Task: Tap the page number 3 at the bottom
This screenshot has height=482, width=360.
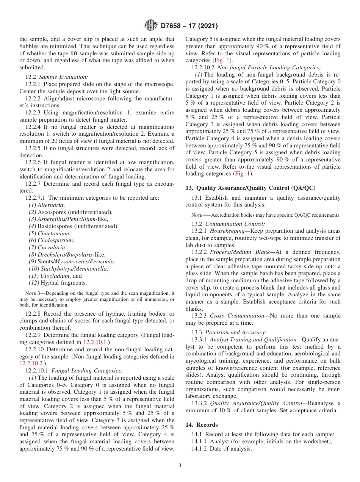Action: click(180, 465)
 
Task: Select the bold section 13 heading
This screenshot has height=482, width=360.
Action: click(250, 188)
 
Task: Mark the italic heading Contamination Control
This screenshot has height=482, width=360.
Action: click(235, 224)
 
